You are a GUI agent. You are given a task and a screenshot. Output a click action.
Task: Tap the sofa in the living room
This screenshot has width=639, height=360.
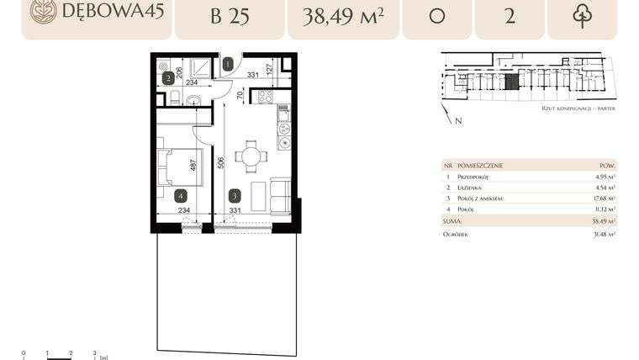280,196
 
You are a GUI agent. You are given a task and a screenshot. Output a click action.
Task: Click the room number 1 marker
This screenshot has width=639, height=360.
229,63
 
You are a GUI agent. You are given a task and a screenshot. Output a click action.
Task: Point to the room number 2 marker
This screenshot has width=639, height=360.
168,78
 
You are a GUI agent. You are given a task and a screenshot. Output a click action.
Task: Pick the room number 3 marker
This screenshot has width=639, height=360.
234,195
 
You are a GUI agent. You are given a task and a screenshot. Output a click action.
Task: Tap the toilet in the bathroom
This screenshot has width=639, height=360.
173,99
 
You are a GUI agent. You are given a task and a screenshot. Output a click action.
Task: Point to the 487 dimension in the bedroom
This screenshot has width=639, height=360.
193,166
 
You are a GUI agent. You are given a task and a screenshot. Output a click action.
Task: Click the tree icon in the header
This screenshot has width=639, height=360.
582,15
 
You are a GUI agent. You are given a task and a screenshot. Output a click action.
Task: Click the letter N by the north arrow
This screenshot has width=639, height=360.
459,121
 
